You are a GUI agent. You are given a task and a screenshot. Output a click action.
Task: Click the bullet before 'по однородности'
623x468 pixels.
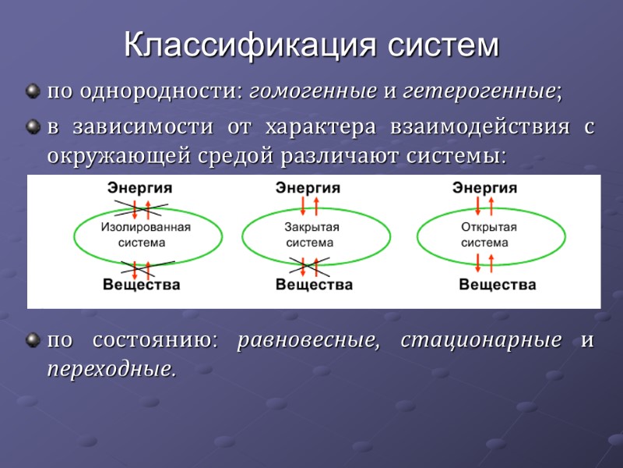(32, 92)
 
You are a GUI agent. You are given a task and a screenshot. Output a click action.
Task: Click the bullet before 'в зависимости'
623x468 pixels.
(32, 127)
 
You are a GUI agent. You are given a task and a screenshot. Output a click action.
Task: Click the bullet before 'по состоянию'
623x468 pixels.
(32, 341)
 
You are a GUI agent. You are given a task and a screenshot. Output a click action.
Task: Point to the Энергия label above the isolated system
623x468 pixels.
(140, 188)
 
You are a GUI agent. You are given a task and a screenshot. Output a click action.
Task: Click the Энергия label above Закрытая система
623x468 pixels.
(308, 188)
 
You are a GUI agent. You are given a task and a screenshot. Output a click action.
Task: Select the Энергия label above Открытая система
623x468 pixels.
(485, 188)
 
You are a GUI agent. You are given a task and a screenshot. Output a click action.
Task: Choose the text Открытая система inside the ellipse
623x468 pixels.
(488, 235)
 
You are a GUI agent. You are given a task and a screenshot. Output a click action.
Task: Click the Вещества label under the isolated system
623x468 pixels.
(142, 285)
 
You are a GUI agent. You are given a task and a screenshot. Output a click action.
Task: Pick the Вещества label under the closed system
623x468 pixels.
(314, 285)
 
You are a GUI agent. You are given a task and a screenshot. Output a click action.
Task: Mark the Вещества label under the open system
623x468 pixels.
(497, 285)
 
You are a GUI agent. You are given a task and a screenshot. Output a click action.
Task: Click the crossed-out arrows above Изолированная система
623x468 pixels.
(139, 208)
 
